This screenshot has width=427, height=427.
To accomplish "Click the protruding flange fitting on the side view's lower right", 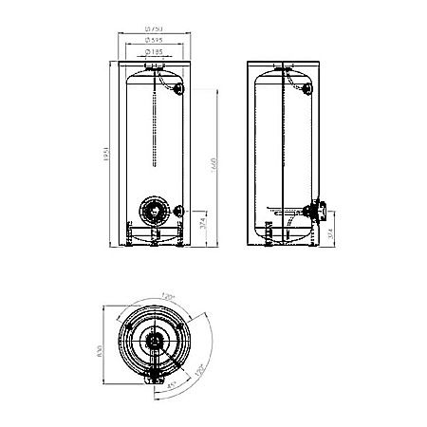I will point(317,207).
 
